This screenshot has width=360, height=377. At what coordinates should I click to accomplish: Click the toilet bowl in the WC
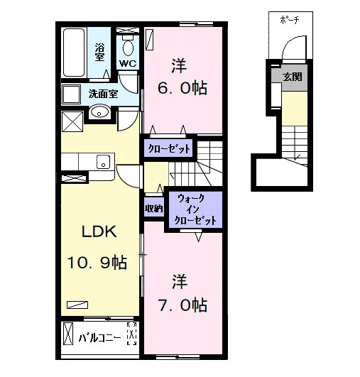coord(128,46)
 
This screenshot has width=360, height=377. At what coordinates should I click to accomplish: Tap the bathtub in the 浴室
coord(74,53)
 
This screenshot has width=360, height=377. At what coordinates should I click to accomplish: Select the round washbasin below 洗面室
coord(99,111)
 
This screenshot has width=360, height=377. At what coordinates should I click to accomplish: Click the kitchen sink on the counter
coord(104,162)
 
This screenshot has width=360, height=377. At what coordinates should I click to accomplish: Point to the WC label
coord(128,63)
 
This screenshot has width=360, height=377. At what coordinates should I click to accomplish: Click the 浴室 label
coord(99,52)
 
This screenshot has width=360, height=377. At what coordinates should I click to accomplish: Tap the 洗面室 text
coord(103,94)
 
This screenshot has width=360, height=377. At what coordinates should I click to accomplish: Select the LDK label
coord(99,231)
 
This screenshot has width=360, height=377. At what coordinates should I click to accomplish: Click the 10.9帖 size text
coord(97,263)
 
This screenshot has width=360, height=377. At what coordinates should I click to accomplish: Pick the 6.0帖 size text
coord(182,88)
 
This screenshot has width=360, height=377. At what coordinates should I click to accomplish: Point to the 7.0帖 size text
coord(182,305)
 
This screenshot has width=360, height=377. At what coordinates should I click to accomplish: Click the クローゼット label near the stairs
coord(169,149)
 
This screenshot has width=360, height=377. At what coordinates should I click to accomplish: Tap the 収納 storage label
coord(154,209)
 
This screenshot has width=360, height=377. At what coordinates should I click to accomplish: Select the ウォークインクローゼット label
coord(195,209)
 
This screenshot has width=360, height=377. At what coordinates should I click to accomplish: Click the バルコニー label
coord(99,338)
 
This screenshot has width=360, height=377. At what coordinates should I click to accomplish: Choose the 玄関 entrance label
coord(292,77)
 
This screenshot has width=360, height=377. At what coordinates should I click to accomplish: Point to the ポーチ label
coord(290,20)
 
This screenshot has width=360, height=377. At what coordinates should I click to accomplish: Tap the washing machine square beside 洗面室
coord(71,94)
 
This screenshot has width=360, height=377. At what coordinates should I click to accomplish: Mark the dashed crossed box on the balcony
coord(131,334)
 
